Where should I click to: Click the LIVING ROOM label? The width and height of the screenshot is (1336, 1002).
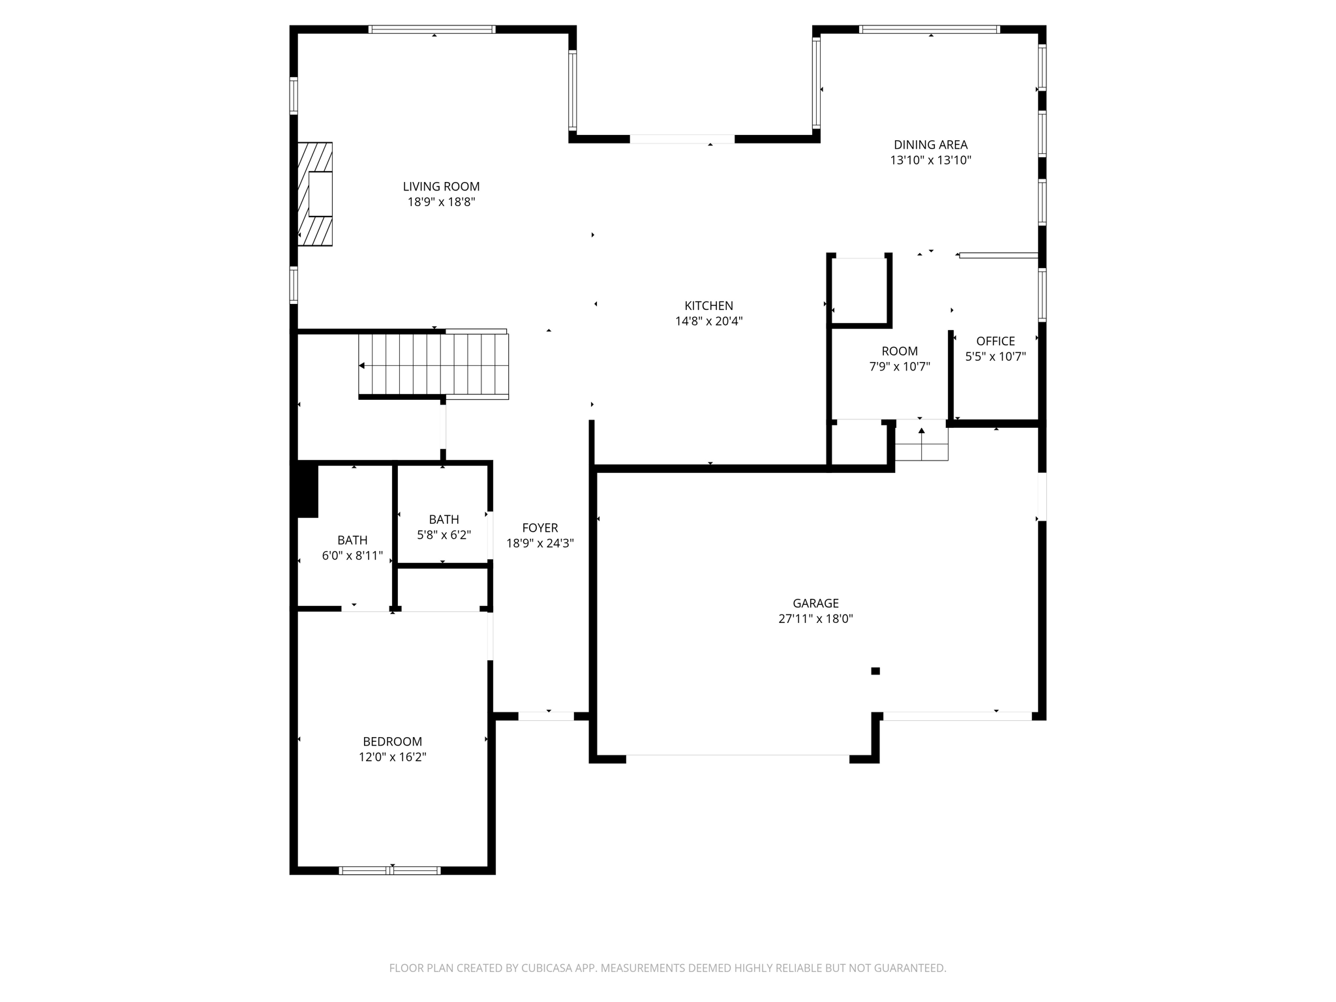pos(441,187)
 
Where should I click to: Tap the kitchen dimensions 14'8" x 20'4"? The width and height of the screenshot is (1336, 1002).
pos(708,321)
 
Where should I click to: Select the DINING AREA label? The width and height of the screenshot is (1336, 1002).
pos(930,145)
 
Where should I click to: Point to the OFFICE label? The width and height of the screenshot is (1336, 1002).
pos(995,341)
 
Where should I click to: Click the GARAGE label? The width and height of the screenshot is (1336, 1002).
pos(815,603)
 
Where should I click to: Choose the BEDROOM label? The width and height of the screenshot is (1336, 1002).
pos(392,742)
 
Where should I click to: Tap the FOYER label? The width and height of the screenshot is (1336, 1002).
pos(539,528)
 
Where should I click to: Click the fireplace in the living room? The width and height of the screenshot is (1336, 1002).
pos(316,194)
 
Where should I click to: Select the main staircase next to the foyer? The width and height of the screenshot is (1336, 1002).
pos(434,365)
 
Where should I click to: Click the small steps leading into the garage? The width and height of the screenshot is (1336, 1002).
pos(921,443)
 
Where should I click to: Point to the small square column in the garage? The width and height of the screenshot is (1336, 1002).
pos(875,671)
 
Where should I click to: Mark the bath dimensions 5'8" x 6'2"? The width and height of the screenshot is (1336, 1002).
pos(444,535)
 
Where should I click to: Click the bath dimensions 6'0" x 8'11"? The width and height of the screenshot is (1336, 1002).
pos(352,556)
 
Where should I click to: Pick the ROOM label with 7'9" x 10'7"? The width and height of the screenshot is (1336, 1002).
pos(900,351)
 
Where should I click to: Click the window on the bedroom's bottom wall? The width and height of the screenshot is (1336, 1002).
pos(390,870)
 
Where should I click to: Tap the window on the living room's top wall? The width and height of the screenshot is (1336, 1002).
pos(432,29)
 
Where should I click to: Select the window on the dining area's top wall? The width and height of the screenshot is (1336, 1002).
pos(930,29)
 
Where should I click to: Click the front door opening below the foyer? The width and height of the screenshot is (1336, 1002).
pos(546,716)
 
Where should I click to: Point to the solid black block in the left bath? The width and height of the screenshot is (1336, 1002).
pos(307,489)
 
